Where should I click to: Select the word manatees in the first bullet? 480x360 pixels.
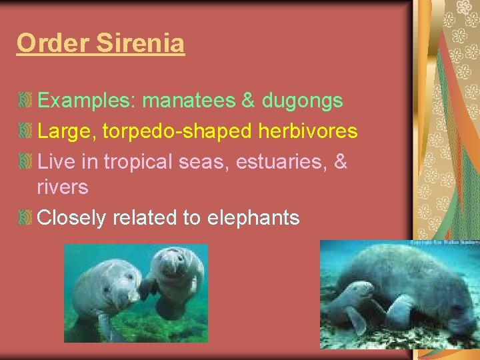coord(189,101)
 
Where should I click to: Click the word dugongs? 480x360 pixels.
coord(303,101)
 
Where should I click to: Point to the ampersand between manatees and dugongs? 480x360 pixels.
coord(248,101)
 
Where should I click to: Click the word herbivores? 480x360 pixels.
coord(309,131)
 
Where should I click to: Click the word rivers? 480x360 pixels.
coord(63,187)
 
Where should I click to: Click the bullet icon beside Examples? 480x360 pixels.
coord(26,101)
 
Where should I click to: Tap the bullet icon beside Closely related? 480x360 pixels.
coord(26,217)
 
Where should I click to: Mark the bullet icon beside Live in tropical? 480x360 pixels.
coord(26,162)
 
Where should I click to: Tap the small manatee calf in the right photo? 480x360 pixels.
coord(353,300)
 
